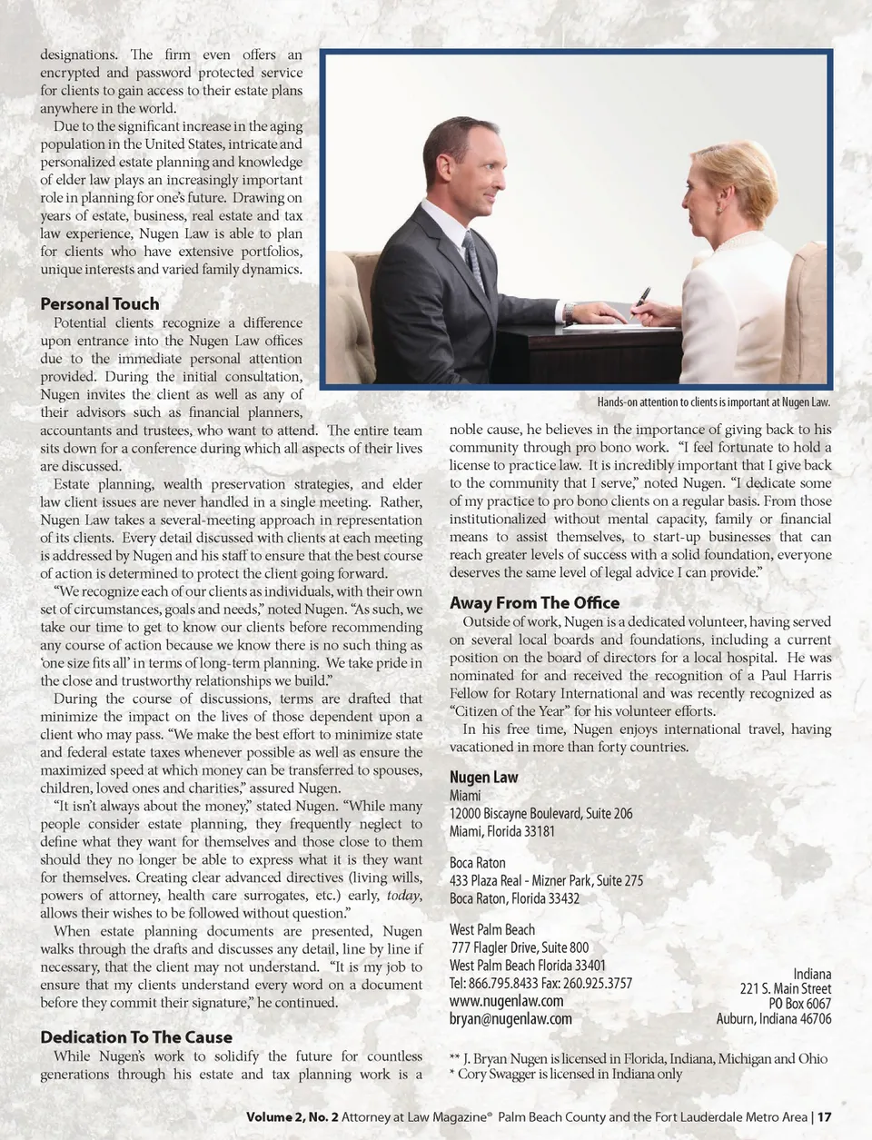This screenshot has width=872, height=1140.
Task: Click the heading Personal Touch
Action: (x=99, y=304)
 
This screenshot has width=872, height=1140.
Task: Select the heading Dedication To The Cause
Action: (x=135, y=1037)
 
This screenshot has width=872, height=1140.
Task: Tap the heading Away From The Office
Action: (x=534, y=603)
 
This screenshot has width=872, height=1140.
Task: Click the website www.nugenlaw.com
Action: (x=506, y=1001)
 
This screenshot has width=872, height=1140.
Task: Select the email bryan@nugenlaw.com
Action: (x=510, y=1019)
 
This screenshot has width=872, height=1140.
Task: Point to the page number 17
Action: (x=825, y=1117)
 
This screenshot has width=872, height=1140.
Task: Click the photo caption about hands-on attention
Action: (x=713, y=402)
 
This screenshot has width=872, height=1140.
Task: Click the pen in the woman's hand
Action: (x=641, y=300)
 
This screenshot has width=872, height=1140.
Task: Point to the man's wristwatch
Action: (x=569, y=312)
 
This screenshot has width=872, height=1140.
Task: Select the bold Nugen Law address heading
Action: (x=483, y=778)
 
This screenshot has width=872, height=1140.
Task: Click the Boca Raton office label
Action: (x=477, y=863)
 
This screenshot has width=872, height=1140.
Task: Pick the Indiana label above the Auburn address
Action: (x=811, y=975)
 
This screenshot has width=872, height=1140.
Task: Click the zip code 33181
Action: (x=537, y=831)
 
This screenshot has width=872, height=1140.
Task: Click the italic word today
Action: (x=403, y=896)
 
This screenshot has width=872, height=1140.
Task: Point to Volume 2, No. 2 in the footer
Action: (x=292, y=1117)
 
